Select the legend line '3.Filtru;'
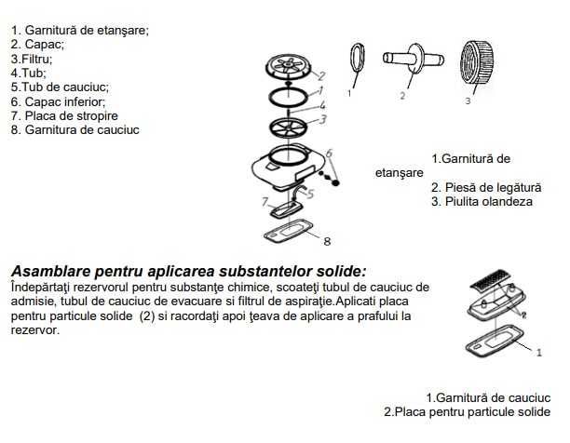point(33,57)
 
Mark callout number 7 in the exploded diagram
point(265,201)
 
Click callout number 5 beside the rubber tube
point(309,194)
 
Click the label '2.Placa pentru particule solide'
point(467,411)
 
